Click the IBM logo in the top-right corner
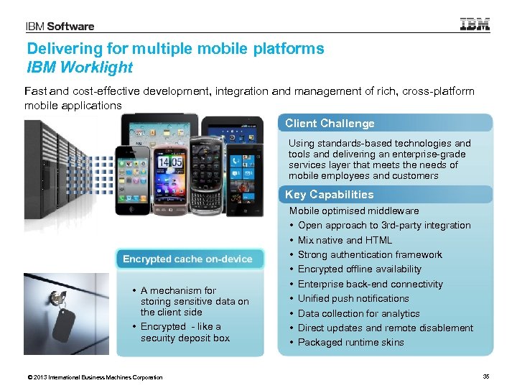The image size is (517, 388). (475, 24)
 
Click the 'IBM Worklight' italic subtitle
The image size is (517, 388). (80, 68)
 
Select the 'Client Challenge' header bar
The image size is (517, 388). (385, 124)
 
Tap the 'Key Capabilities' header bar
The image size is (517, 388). (385, 195)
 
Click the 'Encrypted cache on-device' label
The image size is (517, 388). (187, 259)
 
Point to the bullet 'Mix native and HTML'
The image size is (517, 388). (345, 240)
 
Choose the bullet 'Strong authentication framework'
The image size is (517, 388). (370, 254)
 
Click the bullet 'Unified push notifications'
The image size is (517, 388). (353, 298)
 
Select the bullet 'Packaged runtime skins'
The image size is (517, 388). (350, 342)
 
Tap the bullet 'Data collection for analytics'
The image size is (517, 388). (358, 313)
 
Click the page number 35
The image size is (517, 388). (487, 377)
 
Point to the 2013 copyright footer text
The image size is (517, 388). (93, 377)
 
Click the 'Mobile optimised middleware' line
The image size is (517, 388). (353, 211)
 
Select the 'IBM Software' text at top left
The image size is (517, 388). (60, 27)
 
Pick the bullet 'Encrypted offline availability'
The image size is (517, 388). (359, 269)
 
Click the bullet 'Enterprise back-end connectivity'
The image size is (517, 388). (370, 284)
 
